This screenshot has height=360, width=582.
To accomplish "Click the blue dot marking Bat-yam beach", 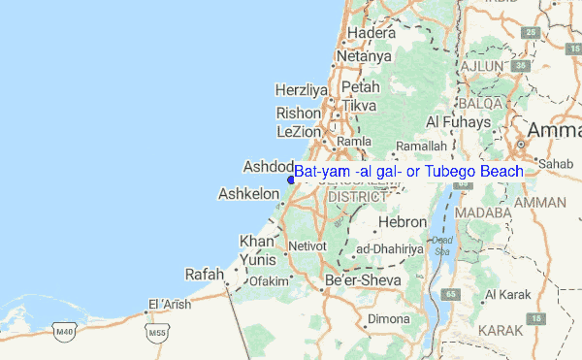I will [x=291, y=178].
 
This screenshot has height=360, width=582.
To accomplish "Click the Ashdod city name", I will [x=268, y=166].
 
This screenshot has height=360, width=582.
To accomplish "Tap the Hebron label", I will [x=402, y=221].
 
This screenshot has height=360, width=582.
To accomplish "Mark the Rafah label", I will [x=205, y=274].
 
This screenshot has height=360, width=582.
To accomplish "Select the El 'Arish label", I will [x=171, y=303].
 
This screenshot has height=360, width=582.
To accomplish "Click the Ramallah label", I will [x=422, y=146].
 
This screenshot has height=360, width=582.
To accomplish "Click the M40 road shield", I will [x=65, y=332].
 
